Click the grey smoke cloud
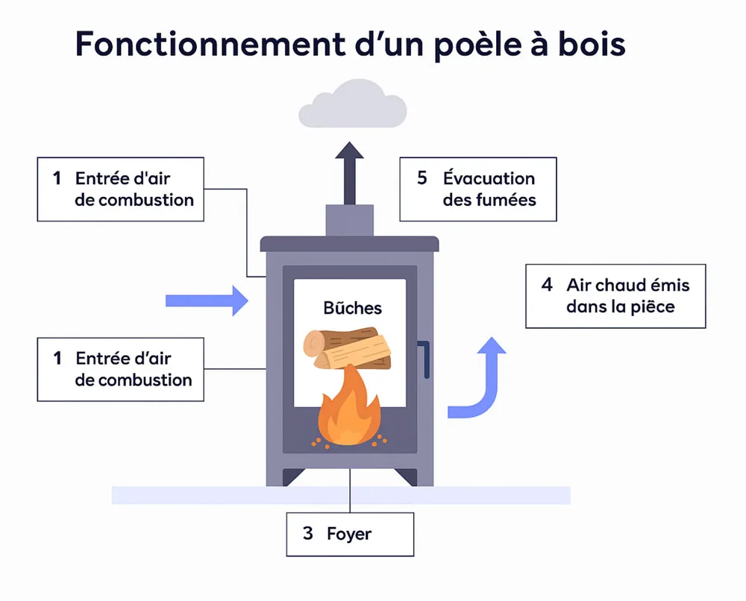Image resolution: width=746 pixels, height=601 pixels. (353, 104)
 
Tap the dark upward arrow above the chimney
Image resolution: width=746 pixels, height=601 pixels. (350, 173)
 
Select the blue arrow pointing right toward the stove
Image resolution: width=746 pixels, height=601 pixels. (207, 300)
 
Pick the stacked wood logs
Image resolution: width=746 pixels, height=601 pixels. (348, 348)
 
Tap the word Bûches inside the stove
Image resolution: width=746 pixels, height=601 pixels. (353, 308)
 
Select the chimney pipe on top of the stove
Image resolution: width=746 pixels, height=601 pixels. (350, 220)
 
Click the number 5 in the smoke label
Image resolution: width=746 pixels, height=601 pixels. (422, 177)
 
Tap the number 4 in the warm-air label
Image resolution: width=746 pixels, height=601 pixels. (547, 284)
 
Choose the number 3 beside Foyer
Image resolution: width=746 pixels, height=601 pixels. (308, 533)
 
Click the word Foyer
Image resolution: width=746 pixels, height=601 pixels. (349, 535)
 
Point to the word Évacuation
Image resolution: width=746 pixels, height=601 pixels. (489, 177)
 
